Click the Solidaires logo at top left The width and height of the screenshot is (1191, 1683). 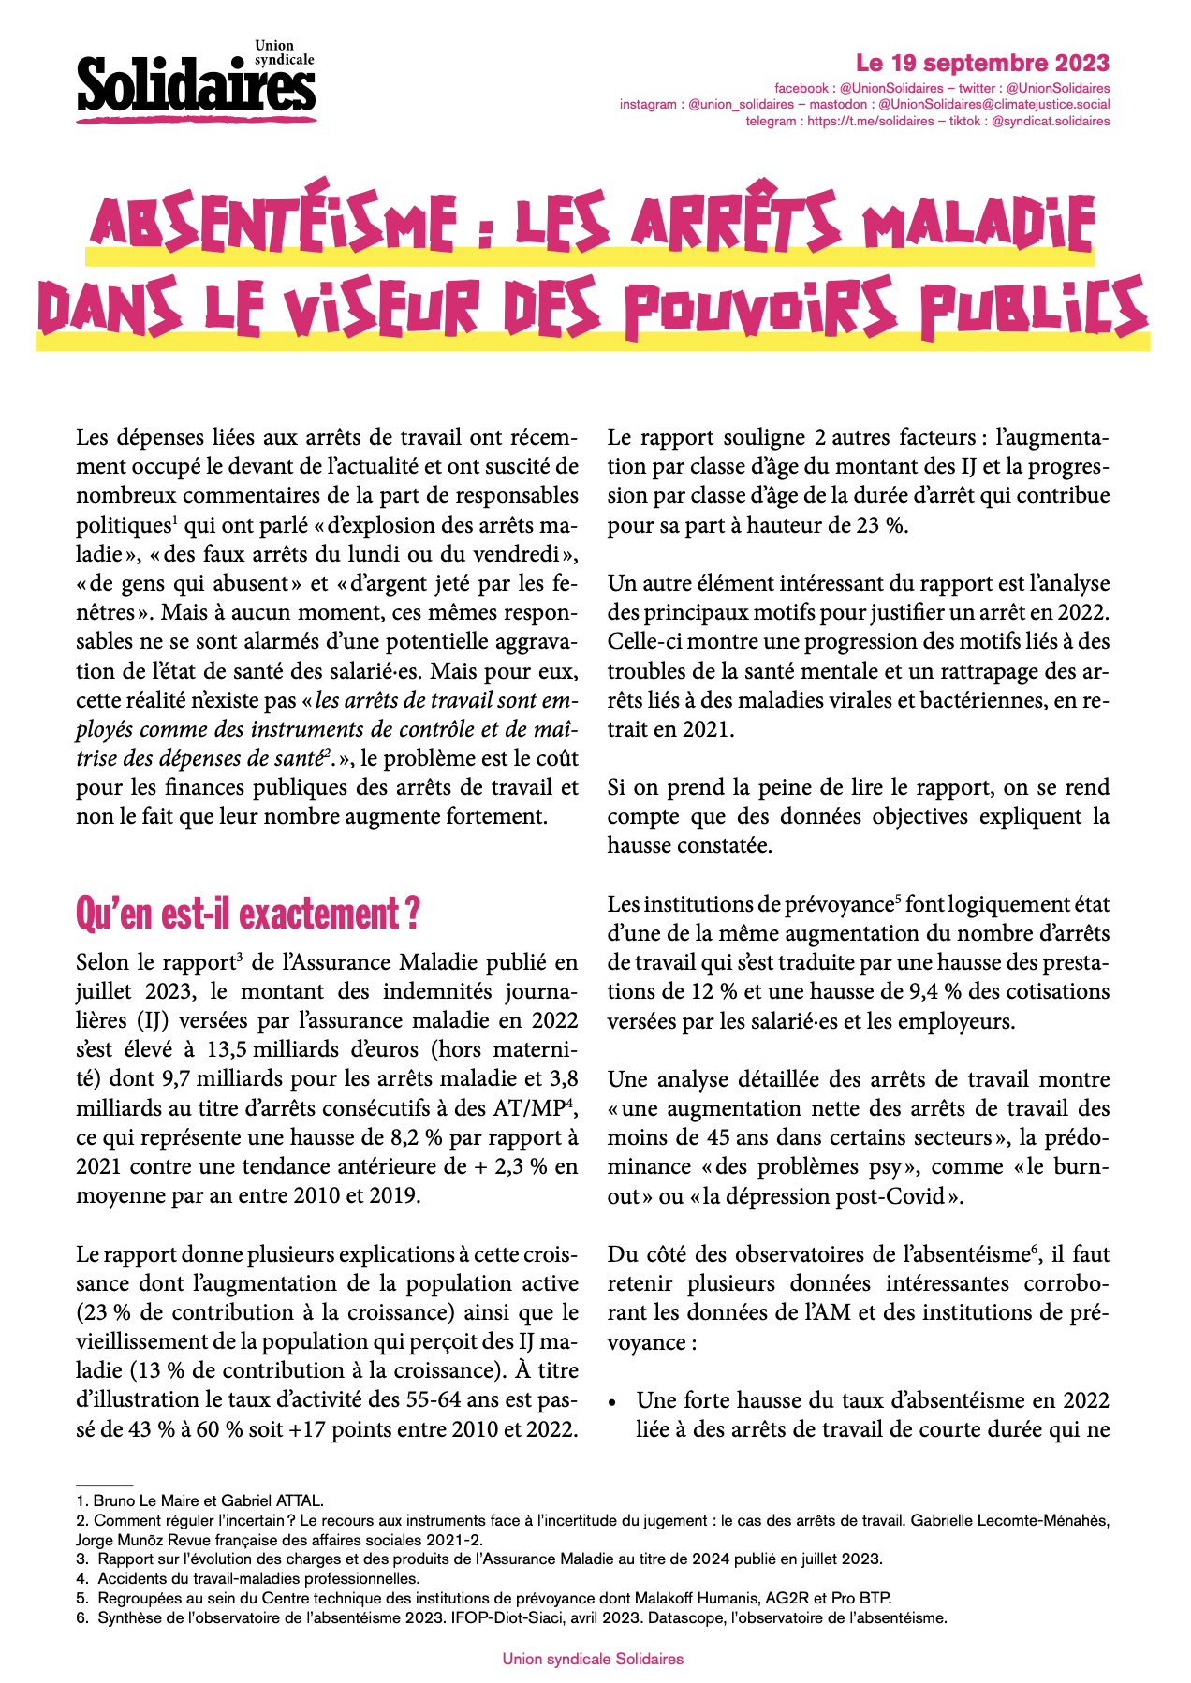point(196,82)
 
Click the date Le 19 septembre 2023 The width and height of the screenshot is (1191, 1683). point(982,64)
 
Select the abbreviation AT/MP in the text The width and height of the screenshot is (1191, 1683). point(527,1109)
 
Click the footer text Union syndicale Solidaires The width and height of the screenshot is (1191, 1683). point(593,1659)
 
